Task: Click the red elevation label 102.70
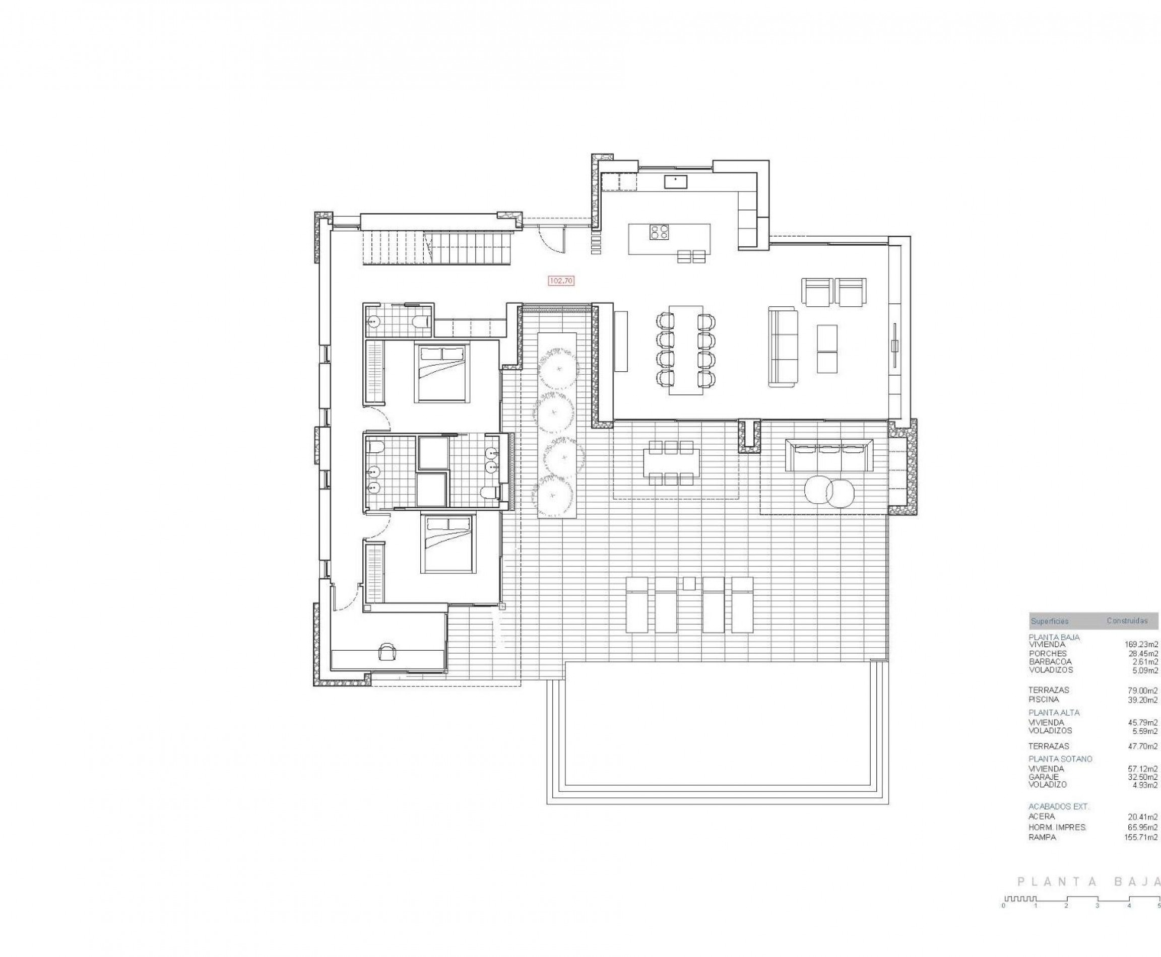coord(561,281)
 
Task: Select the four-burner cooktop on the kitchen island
coord(659,232)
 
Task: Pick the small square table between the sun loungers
coord(689,583)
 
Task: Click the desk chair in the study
coord(388,651)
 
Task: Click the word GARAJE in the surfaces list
coord(1043,777)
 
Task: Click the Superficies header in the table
coord(1050,621)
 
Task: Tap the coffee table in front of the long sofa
coord(827,349)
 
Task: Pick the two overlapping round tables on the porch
coord(829,491)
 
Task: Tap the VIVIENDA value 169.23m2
coord(1141,644)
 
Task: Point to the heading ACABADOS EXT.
coord(1058,806)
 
